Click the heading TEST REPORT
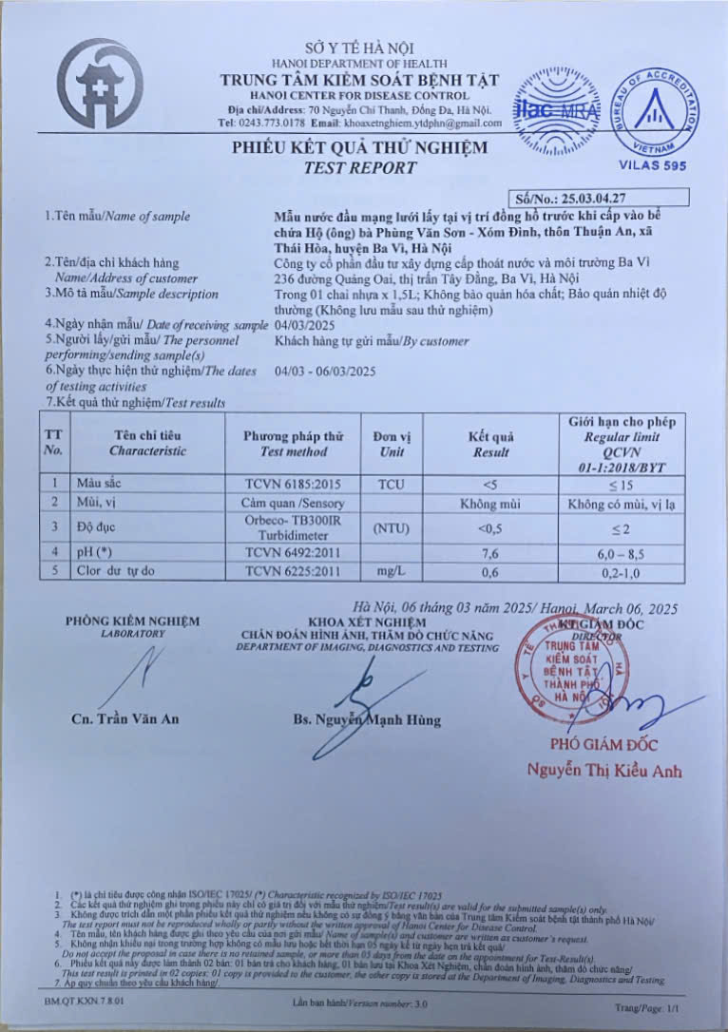click(x=360, y=168)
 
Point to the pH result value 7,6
click(x=489, y=552)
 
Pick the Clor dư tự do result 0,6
click(x=489, y=570)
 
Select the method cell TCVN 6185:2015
click(x=293, y=484)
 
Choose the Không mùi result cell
click(x=489, y=503)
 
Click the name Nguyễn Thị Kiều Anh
click(x=604, y=771)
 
